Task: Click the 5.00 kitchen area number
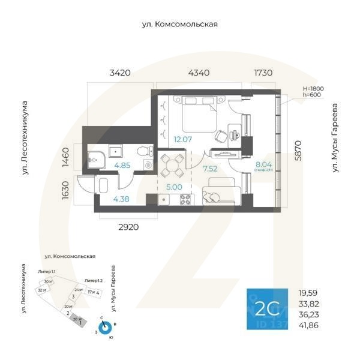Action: tap(173, 186)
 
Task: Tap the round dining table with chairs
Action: tap(173, 163)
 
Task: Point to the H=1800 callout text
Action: tap(313, 88)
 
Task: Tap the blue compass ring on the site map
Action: tap(104, 328)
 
